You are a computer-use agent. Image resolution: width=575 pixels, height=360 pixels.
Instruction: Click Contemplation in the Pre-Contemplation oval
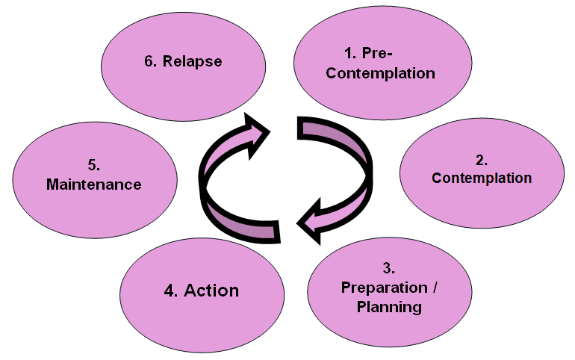pyautogui.click(x=380, y=73)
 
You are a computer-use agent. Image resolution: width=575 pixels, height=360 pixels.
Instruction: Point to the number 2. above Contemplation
pyautogui.click(x=482, y=160)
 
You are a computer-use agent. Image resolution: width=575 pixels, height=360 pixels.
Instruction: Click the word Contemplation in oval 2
pyautogui.click(x=482, y=179)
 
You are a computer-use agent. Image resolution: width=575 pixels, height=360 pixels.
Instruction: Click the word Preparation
pyautogui.click(x=377, y=288)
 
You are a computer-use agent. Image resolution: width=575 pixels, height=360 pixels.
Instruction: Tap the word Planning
pyautogui.click(x=388, y=307)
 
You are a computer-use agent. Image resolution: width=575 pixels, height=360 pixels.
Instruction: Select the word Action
pyautogui.click(x=211, y=290)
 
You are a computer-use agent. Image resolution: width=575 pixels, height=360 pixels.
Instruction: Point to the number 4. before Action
pyautogui.click(x=171, y=290)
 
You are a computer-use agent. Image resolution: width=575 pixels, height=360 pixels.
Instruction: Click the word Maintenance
pyautogui.click(x=93, y=184)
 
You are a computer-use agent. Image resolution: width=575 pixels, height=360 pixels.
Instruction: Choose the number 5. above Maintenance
pyautogui.click(x=93, y=164)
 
